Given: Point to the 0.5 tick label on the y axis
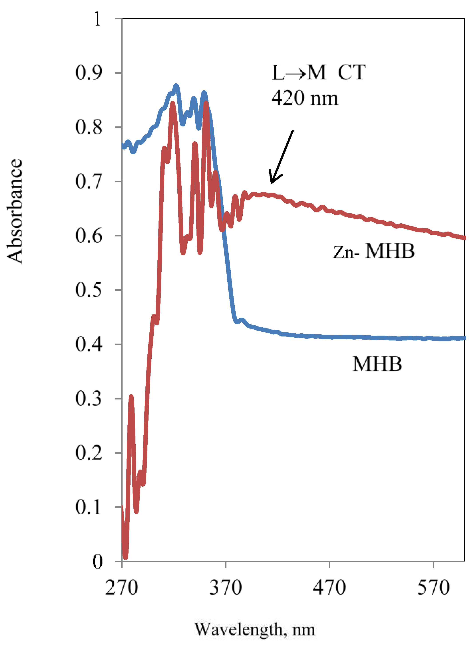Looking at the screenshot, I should tap(89, 290).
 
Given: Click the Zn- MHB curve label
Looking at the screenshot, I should tap(374, 251).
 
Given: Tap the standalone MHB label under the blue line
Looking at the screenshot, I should tap(377, 364).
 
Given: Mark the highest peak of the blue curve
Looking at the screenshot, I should tap(176, 86).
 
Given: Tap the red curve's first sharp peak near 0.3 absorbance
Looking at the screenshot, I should tap(131, 397).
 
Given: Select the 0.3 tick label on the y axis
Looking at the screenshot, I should tap(89, 398).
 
